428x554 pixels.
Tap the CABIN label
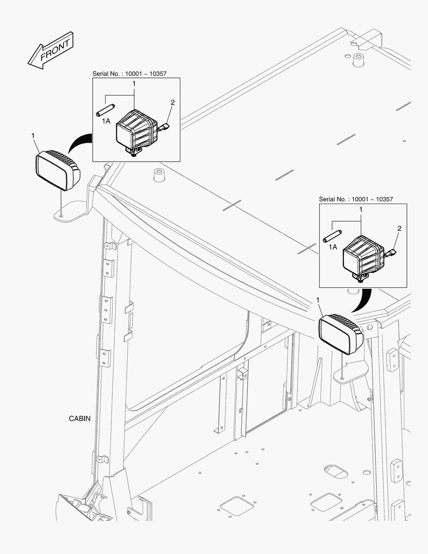pyautogui.click(x=79, y=418)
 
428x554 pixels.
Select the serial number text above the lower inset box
pyautogui.click(x=356, y=199)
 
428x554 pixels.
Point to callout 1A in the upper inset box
pyautogui.click(x=106, y=121)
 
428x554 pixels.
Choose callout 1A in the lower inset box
pyautogui.click(x=333, y=247)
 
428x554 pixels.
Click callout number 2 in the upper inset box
pyautogui.click(x=172, y=103)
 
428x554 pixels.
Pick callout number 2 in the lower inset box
pyautogui.click(x=399, y=228)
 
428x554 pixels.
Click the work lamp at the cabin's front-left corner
pyautogui.click(x=57, y=170)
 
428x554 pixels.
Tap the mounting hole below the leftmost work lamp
pyautogui.click(x=62, y=216)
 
